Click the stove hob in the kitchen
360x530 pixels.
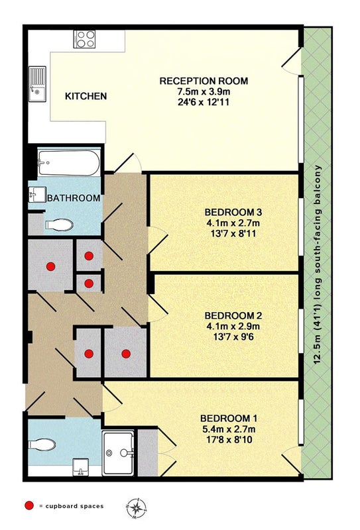[x=84, y=39]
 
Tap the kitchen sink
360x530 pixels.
[x=37, y=84]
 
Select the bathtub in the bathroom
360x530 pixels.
[x=69, y=163]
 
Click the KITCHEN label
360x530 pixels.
[x=86, y=96]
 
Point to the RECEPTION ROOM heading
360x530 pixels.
[x=204, y=81]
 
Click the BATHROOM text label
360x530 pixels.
[x=74, y=198]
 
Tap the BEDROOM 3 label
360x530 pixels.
[x=233, y=213]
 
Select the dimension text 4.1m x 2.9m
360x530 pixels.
[x=233, y=327]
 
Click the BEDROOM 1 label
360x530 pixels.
[x=229, y=419]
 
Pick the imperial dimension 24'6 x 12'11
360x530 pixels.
[x=204, y=103]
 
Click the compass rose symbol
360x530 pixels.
[x=137, y=507]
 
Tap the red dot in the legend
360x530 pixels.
[x=29, y=505]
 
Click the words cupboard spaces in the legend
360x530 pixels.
[x=74, y=506]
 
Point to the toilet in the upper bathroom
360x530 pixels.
[x=59, y=225]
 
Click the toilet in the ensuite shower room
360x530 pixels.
[x=42, y=445]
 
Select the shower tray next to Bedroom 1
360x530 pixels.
[x=118, y=453]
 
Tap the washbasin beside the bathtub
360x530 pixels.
[x=37, y=195]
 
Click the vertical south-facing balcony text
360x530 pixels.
[x=318, y=264]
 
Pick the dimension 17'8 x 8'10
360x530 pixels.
[x=229, y=440]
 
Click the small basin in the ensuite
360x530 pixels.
[x=80, y=467]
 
